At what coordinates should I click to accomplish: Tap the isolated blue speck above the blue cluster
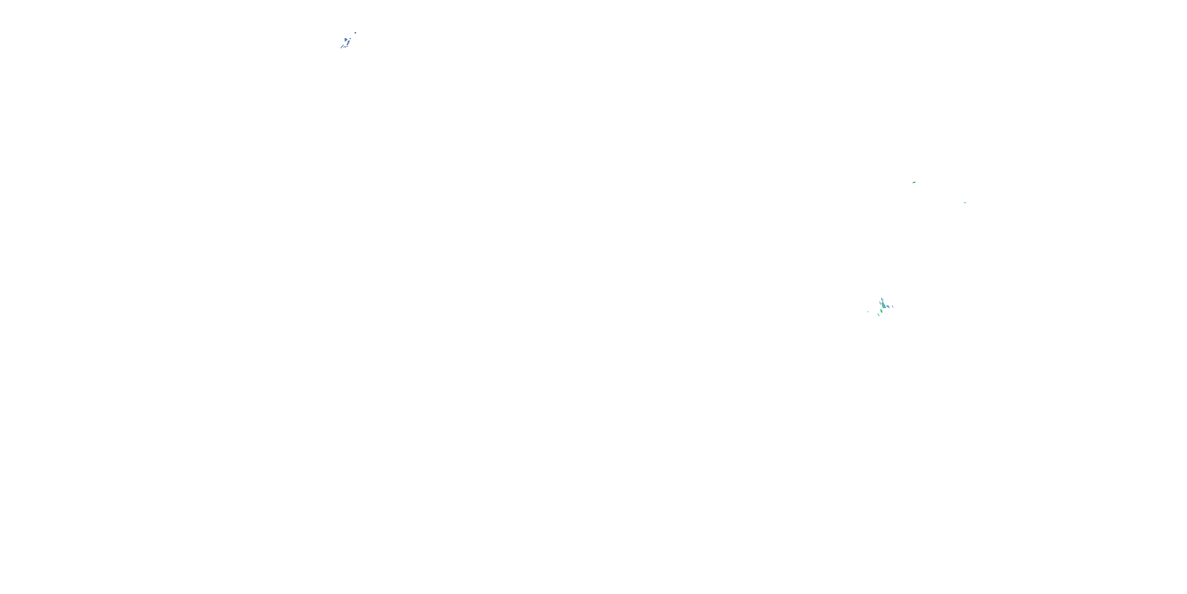coord(355,33)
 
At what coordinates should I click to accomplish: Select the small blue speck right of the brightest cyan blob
coord(350,39)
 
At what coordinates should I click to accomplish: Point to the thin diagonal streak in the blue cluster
coord(342,47)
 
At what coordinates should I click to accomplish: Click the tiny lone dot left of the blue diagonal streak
coord(339,48)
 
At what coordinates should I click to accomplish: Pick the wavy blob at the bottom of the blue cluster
coord(345,47)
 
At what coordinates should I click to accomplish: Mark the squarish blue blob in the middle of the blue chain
coord(348,44)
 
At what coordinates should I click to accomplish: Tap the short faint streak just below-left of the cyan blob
coord(344,42)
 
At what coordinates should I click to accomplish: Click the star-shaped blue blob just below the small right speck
coord(349,42)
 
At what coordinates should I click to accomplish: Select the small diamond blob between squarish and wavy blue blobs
coord(347,46)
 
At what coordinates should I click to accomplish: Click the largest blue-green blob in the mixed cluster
coord(884,306)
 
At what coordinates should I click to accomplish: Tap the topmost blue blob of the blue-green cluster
coord(882,299)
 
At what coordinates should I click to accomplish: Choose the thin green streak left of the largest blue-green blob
coord(881,303)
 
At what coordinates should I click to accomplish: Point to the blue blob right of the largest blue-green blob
coord(888,307)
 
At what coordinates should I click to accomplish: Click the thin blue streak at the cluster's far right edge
coord(893,307)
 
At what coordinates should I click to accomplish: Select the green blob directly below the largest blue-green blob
coord(882,311)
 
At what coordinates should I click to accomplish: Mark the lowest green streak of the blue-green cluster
coord(879,315)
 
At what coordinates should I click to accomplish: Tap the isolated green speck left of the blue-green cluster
coord(868,312)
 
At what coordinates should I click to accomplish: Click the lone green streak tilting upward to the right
coord(914,182)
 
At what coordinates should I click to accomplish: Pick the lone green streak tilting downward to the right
coord(965,202)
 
